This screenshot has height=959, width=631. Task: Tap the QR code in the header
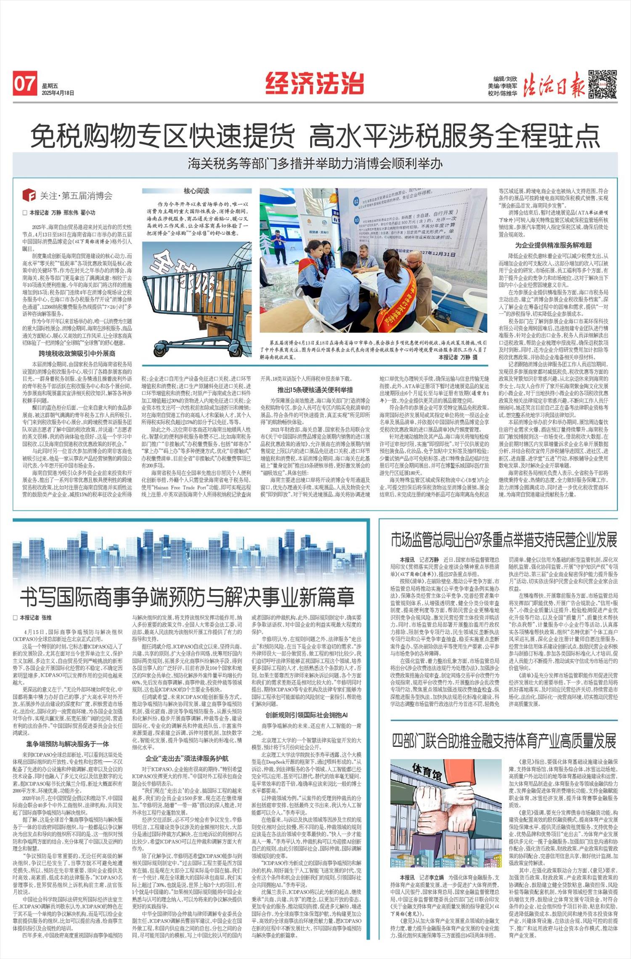[x=602, y=84]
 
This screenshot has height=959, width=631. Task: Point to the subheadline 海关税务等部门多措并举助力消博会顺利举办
[x=315, y=163]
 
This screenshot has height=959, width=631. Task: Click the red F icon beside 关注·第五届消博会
[x=29, y=195]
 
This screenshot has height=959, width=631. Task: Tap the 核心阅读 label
[x=196, y=191]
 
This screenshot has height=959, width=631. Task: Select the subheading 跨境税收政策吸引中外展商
[x=77, y=353]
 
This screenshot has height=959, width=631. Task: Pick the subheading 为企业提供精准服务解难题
[x=553, y=245]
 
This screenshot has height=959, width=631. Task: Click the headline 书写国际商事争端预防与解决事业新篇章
[x=188, y=596]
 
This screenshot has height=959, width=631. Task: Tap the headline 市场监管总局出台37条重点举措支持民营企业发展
[x=504, y=540]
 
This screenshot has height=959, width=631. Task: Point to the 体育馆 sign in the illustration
[x=427, y=770]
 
